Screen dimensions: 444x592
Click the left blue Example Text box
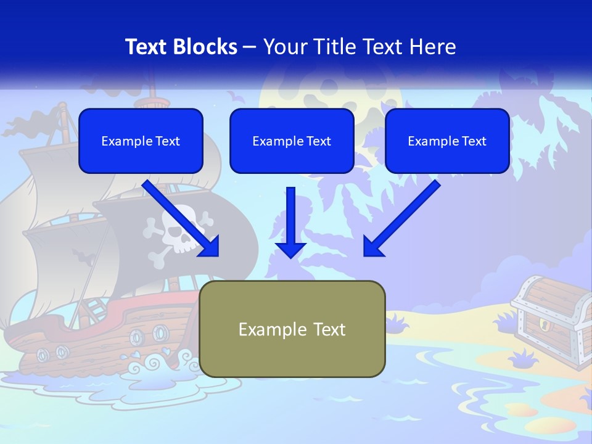click(141, 141)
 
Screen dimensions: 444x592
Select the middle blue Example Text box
click(292, 141)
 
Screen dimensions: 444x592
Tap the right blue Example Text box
click(447, 141)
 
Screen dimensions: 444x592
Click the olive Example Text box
click(292, 329)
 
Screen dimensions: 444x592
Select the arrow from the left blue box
click(182, 219)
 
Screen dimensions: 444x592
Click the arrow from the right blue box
click(401, 219)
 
